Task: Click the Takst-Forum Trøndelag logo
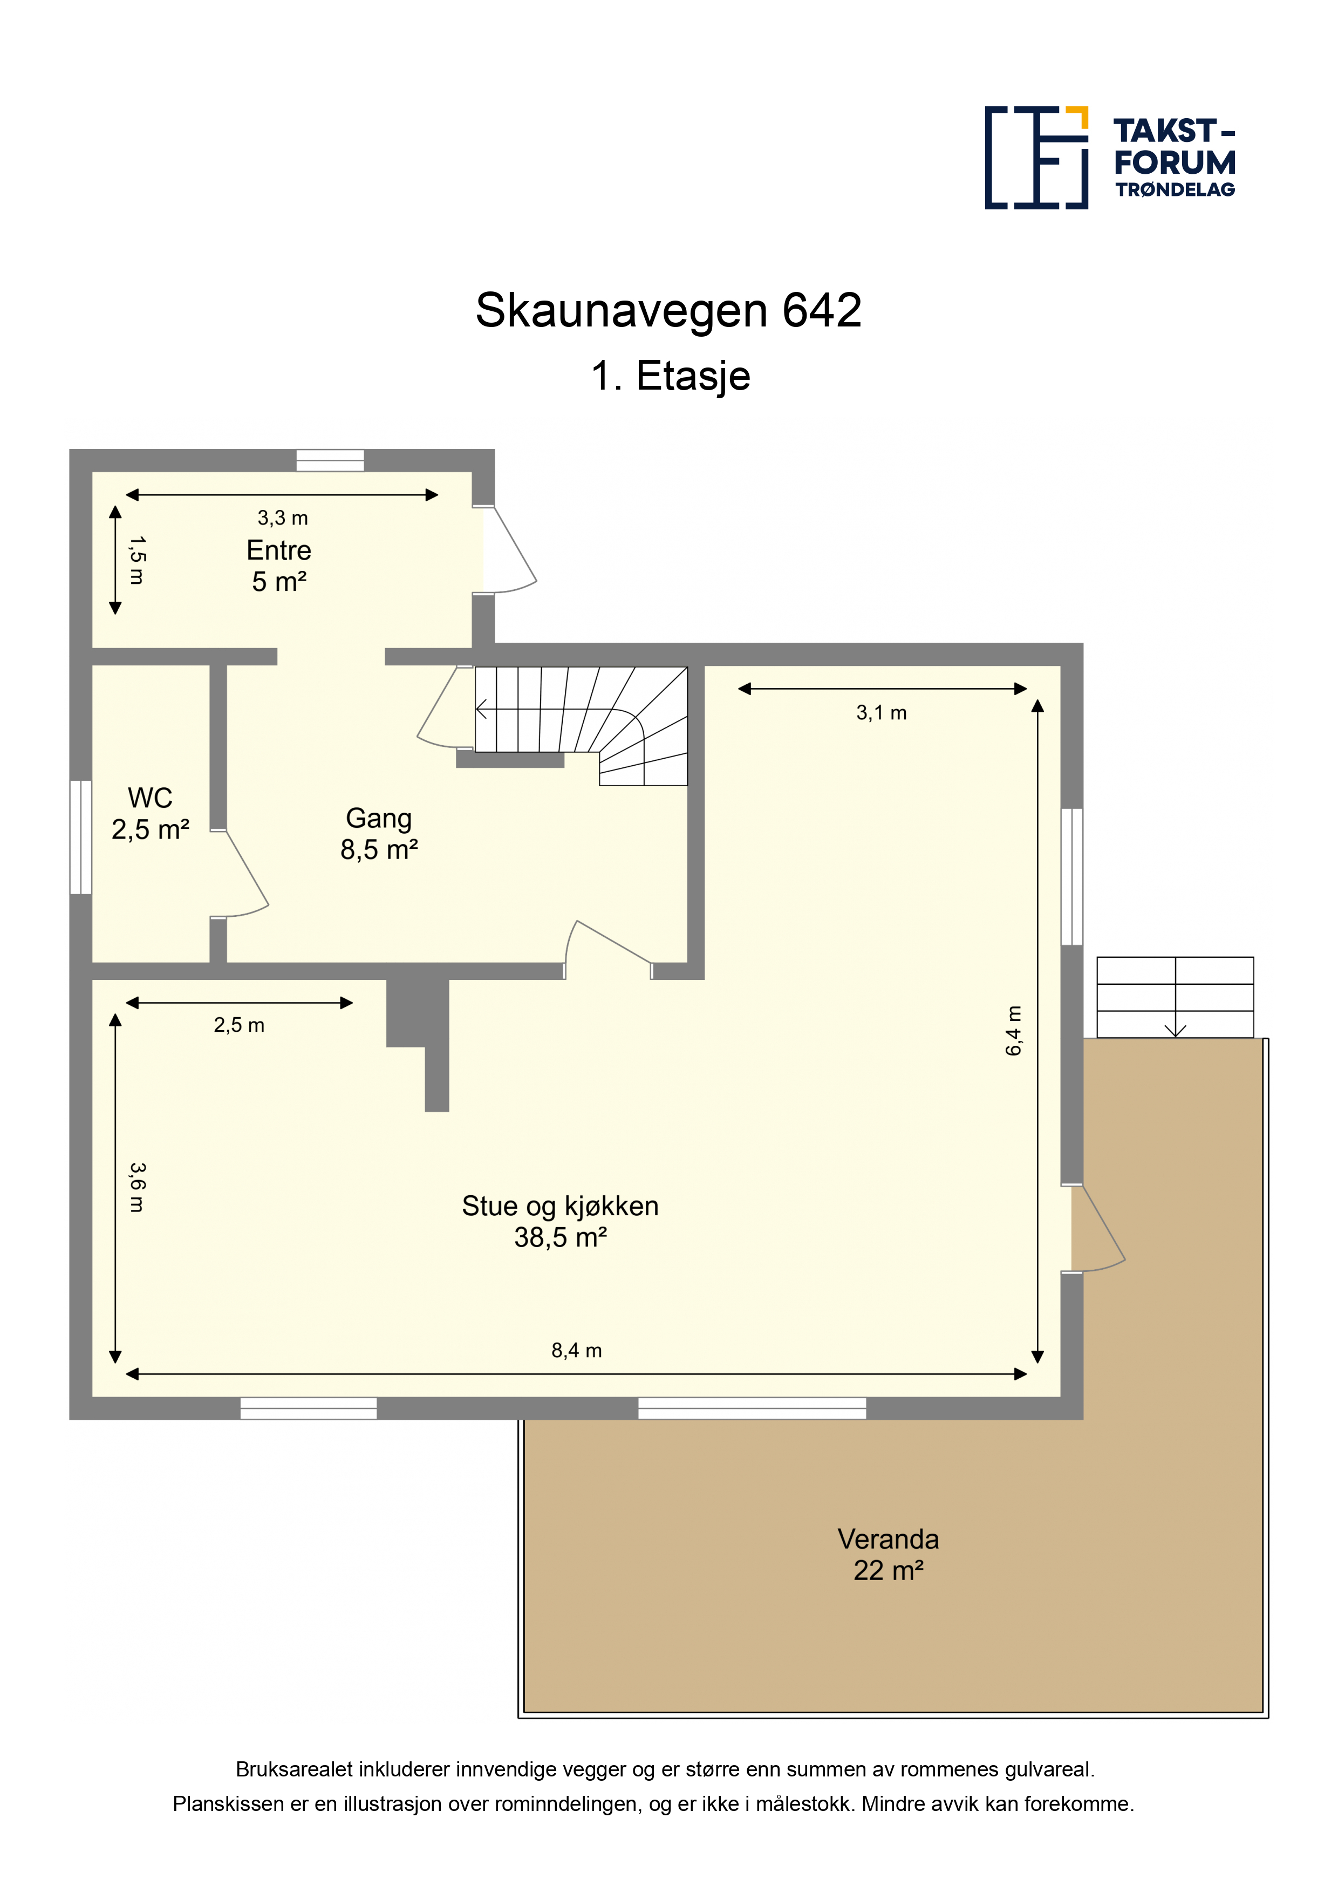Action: (x=1110, y=158)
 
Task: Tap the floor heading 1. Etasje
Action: (x=670, y=376)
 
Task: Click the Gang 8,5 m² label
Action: (x=379, y=834)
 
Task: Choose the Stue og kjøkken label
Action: (x=560, y=1221)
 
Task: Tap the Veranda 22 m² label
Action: (x=888, y=1554)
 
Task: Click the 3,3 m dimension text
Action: (x=283, y=518)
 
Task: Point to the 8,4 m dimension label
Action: (x=576, y=1350)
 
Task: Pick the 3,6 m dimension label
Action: (x=138, y=1187)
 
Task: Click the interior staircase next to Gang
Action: (x=581, y=726)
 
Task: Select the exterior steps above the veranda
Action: (x=1175, y=997)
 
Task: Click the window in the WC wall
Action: (x=81, y=837)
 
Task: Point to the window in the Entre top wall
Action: (x=330, y=460)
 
